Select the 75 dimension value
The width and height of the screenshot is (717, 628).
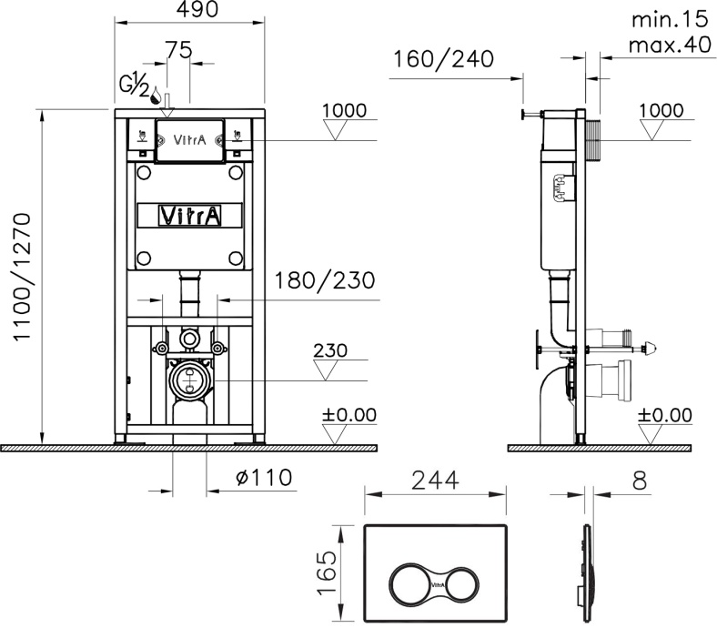pos(178,50)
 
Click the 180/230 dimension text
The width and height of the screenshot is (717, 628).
pos(324,280)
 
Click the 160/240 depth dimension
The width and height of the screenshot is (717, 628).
pos(444,60)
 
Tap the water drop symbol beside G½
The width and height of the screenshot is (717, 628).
pos(157,96)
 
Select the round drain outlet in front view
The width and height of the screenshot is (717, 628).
pos(189,378)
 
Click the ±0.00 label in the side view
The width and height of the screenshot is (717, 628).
pos(664,415)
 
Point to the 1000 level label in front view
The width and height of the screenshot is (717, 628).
pos(344,111)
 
